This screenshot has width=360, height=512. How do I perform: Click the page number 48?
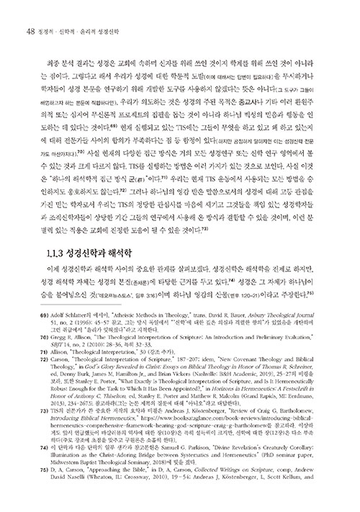pos(29,30)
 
